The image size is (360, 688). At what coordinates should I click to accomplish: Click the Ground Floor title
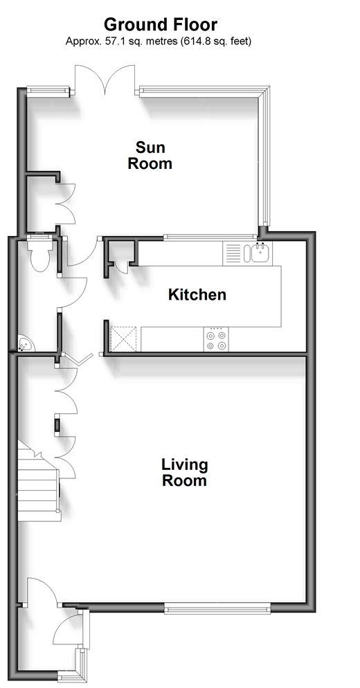coord(160,25)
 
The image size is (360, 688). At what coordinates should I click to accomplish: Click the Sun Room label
coord(150,155)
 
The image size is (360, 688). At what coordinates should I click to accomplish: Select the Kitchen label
coord(197,294)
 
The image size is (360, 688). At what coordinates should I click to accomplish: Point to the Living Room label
coord(184,472)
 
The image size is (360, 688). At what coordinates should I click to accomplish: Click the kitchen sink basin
coord(261,253)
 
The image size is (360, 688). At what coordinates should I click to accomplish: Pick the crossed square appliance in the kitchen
coord(124,339)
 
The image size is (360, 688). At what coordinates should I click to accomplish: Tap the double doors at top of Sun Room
coord(105,80)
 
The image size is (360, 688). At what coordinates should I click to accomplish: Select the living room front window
coord(217,608)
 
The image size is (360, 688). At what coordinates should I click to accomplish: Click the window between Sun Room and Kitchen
coord(210,237)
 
